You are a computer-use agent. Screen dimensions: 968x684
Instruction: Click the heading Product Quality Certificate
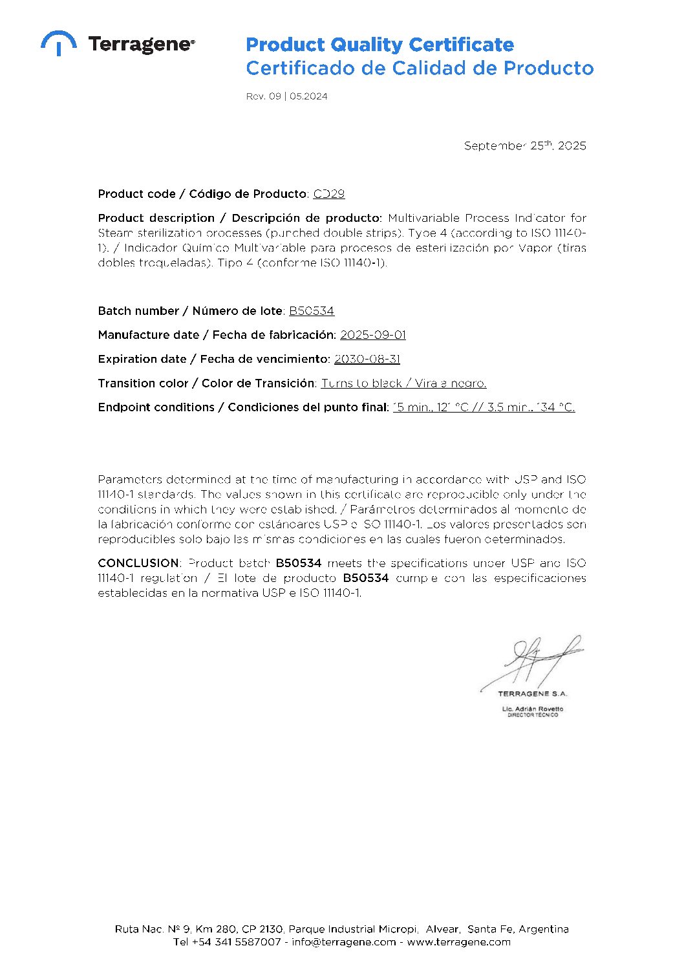point(379,45)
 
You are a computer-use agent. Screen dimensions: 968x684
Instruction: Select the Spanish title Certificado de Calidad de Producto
point(420,68)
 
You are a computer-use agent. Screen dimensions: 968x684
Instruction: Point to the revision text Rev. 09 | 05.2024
point(286,96)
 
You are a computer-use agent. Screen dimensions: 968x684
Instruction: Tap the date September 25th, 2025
point(525,146)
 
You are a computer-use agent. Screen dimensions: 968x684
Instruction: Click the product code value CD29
point(329,194)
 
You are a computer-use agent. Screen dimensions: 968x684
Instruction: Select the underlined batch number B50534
point(312,311)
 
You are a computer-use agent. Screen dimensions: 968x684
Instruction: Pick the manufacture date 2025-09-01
point(373,335)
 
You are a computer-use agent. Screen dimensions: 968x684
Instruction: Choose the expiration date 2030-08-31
point(367,359)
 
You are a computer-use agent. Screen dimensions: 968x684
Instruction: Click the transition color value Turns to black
point(362,383)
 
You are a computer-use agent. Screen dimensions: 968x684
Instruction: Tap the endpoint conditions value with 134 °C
point(484,407)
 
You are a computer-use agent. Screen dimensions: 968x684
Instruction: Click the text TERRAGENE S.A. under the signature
point(532,694)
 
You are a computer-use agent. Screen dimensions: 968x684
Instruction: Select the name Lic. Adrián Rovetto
point(533,709)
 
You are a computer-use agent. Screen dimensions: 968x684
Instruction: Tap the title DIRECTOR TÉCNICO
point(533,715)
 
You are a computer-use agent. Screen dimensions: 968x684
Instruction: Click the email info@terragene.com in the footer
point(343,942)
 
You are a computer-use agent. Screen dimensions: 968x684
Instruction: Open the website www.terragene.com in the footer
point(458,942)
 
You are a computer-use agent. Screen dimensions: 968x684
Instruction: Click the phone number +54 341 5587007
point(237,942)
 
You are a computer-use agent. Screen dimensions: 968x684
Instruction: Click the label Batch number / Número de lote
point(190,311)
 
